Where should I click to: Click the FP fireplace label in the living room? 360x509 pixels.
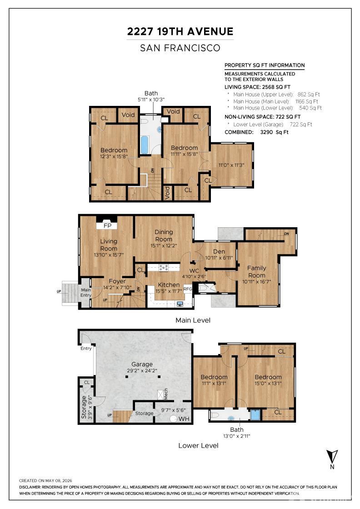point(107,225)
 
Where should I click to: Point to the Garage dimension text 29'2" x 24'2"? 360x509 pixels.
point(142,371)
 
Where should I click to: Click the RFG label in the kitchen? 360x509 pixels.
point(188,289)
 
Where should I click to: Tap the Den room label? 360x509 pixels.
point(219,251)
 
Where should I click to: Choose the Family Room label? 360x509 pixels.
point(257,271)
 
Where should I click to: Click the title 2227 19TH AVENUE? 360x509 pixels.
point(180,31)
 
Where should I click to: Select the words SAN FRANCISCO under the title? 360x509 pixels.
point(180,48)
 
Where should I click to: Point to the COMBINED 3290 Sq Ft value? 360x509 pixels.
point(274,132)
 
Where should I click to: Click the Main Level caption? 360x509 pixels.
point(193,320)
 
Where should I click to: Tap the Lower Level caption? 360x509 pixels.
point(198,445)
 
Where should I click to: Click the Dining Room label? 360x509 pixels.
point(164,235)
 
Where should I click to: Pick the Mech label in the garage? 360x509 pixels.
point(166,394)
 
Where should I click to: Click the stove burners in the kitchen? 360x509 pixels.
point(163,268)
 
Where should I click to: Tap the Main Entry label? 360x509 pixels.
point(86,293)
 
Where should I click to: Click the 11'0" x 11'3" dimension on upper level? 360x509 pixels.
point(231,165)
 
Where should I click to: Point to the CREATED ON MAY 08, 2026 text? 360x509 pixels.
point(45,480)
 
